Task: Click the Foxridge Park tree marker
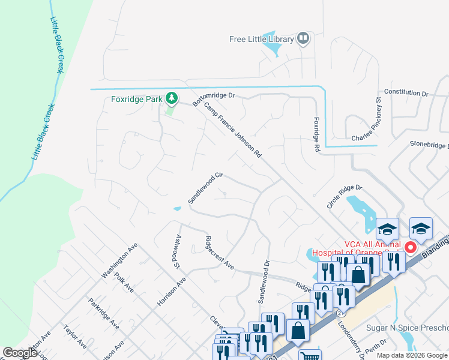[172, 98]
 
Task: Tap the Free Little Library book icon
[303, 40]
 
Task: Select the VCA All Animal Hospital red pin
[411, 247]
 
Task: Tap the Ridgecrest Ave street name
[219, 255]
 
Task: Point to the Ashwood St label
[177, 251]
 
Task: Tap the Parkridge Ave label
[103, 313]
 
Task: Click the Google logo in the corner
[20, 353]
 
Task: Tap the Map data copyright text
[412, 355]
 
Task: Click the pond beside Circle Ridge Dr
[361, 213]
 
